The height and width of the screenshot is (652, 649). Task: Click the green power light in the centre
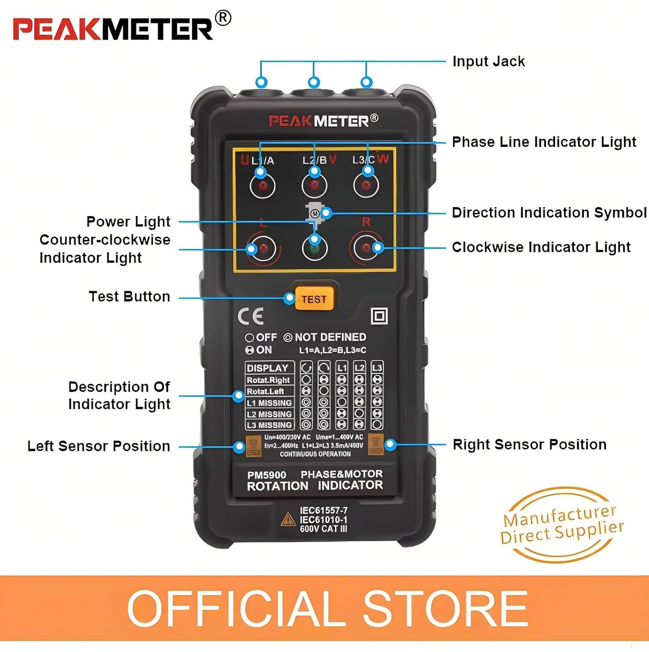[x=315, y=249]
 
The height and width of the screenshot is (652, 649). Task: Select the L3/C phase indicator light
[x=366, y=186]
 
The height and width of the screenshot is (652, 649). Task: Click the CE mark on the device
[x=251, y=316]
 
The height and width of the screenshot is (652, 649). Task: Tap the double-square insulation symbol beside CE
[x=379, y=316]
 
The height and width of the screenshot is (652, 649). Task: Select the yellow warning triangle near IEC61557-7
[x=288, y=519]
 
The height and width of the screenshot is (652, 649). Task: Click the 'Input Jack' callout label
[x=488, y=61]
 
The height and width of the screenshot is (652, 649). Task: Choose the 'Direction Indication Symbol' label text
[x=549, y=213]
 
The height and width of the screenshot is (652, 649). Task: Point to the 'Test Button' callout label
[x=129, y=296]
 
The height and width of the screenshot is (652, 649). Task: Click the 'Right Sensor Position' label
[x=529, y=444]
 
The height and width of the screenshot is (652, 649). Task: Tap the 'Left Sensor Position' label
[x=99, y=446]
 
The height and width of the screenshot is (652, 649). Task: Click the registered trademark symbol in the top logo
[x=223, y=18]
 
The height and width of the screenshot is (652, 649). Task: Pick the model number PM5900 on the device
[x=267, y=475]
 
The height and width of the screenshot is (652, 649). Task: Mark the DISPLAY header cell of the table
[x=268, y=368]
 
